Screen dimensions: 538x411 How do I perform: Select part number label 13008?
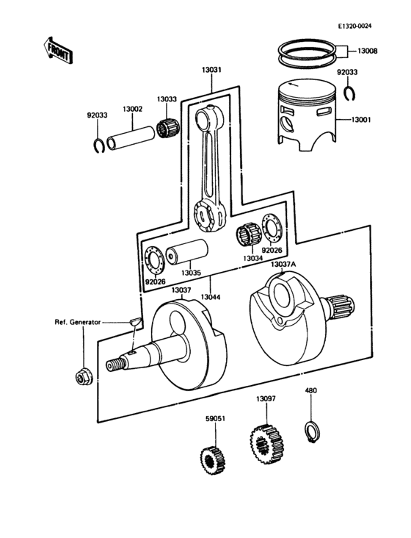pos(368,51)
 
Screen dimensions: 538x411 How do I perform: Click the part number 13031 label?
pos(212,71)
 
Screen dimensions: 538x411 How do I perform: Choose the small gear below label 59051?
pos(212,459)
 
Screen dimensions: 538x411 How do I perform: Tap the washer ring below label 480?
pos(311,428)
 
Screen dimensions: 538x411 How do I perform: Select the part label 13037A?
pos(283,264)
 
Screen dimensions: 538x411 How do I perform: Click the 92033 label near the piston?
pos(347,73)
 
